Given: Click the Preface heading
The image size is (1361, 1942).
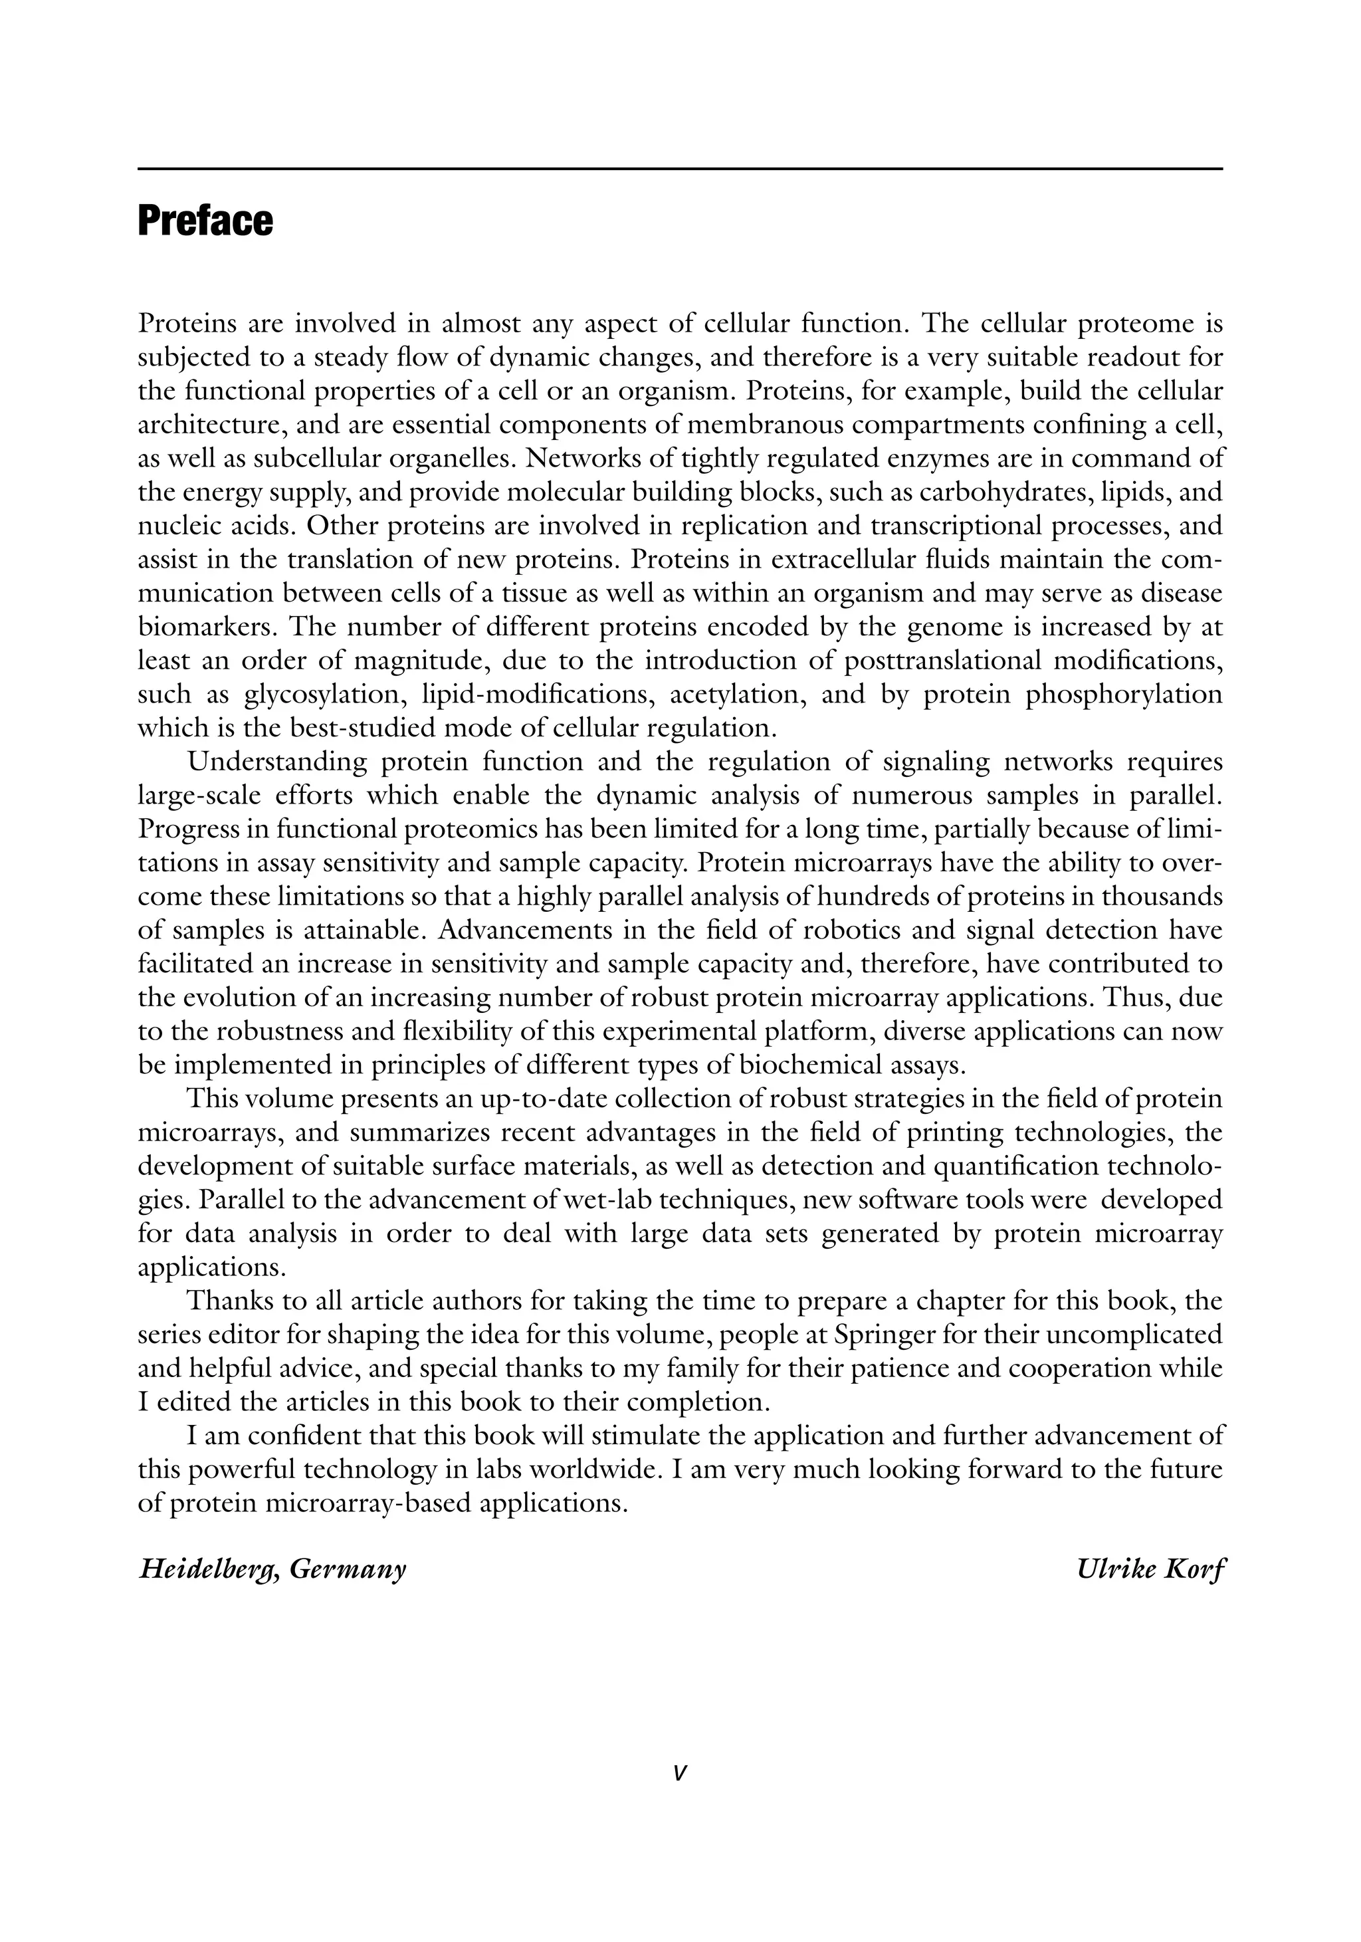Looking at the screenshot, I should (x=205, y=221).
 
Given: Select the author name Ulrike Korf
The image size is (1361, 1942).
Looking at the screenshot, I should (x=1150, y=1570).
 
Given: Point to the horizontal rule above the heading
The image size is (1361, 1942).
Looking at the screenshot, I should (x=679, y=169).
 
